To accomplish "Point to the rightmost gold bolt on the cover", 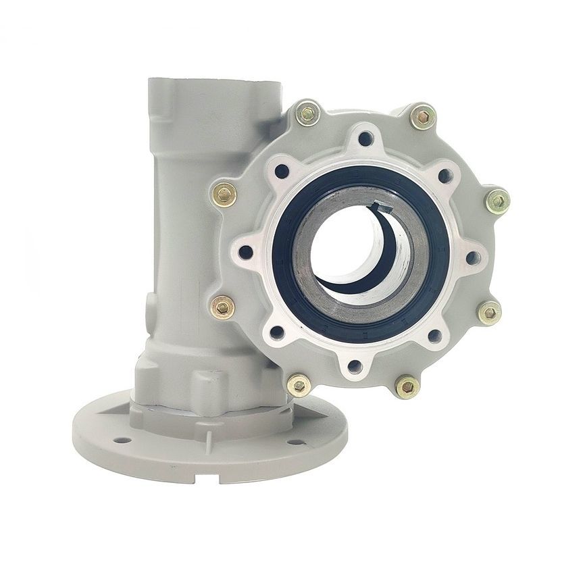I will click(x=497, y=201).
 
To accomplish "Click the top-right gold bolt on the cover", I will click(x=422, y=118).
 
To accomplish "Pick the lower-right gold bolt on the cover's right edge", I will click(x=488, y=312).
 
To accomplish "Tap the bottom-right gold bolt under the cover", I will click(x=407, y=386).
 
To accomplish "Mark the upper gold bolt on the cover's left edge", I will click(x=224, y=195).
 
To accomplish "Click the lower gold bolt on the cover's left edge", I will click(x=223, y=307).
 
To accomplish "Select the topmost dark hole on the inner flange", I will click(x=365, y=139).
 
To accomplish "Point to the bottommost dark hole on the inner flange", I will click(x=356, y=367).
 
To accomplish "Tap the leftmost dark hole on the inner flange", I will click(x=247, y=253).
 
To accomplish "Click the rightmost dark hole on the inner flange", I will click(x=472, y=257).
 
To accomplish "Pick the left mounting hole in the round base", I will click(x=123, y=440).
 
